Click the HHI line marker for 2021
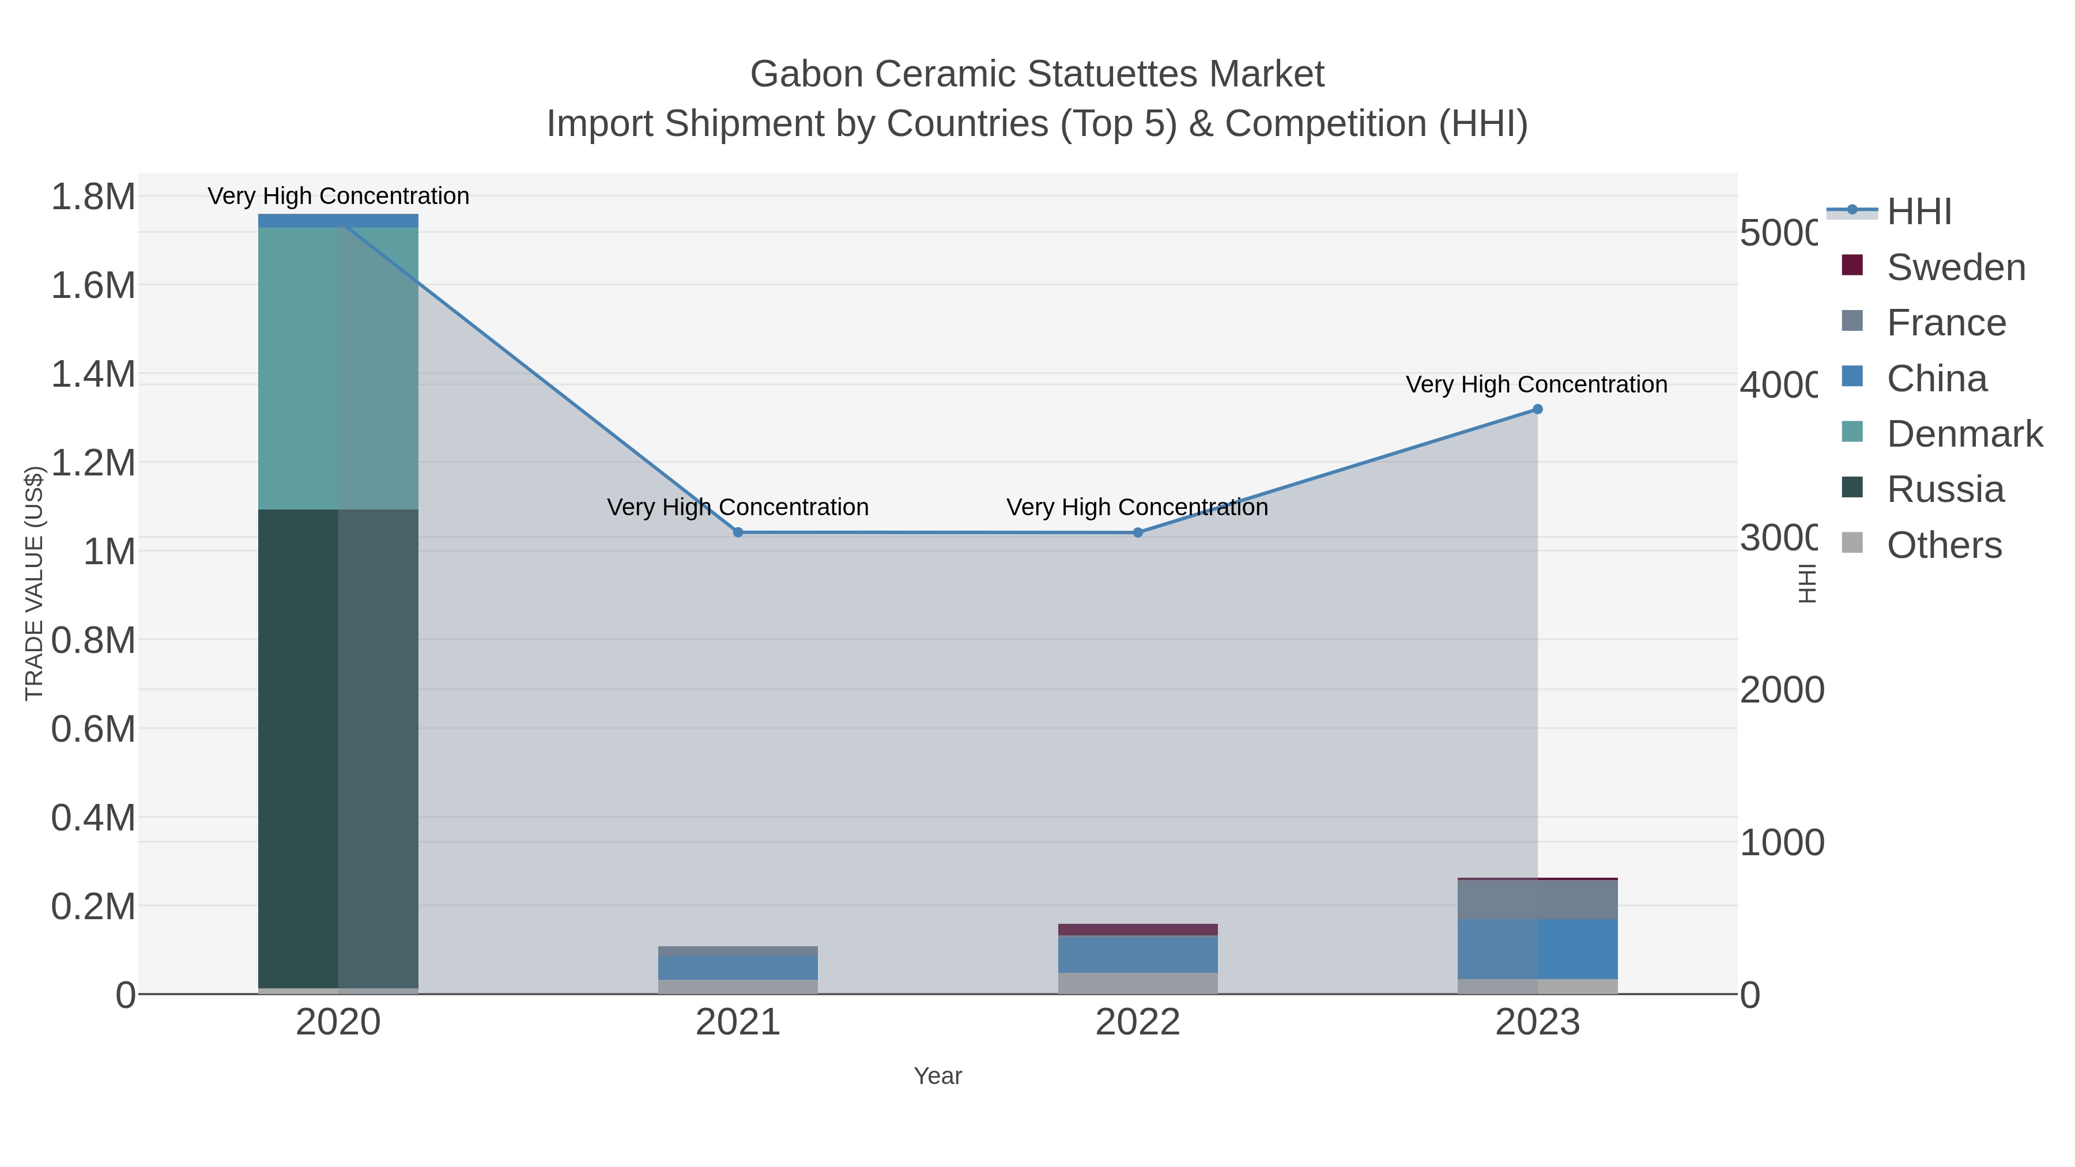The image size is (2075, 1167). click(738, 532)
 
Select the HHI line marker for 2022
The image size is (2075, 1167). click(1137, 532)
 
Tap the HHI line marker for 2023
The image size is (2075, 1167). click(1537, 409)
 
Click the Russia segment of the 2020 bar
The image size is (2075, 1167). click(338, 749)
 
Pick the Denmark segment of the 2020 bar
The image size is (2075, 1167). click(338, 368)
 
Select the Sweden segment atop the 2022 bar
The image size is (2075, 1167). click(1137, 930)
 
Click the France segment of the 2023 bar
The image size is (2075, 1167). click(1537, 900)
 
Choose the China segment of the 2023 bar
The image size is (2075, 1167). click(1537, 949)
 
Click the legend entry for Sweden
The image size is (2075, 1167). click(1955, 267)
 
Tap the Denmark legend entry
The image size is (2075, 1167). click(1964, 434)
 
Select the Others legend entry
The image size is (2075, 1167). click(1944, 545)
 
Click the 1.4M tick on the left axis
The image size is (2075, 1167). click(93, 375)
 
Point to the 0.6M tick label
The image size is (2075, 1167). click(93, 729)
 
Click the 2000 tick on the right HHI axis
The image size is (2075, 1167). click(1781, 690)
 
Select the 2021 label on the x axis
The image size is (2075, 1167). click(738, 1023)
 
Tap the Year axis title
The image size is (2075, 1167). click(938, 1076)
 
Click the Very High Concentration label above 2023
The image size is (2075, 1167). click(1536, 385)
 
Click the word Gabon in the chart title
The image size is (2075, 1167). click(806, 74)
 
